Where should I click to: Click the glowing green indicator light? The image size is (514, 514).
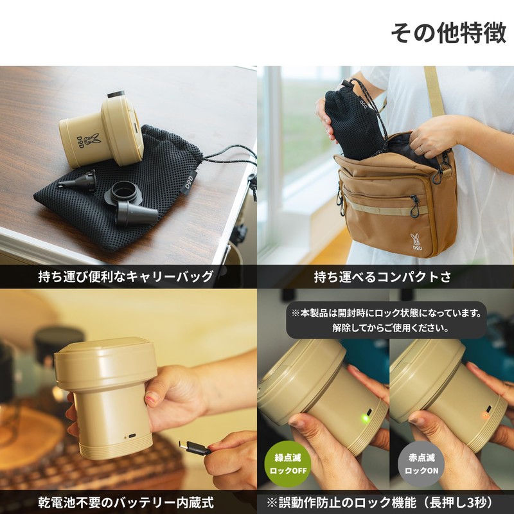[x=365, y=419]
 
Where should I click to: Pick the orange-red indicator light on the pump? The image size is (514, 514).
[x=485, y=415]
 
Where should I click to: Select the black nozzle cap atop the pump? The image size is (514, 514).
[x=116, y=94]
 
